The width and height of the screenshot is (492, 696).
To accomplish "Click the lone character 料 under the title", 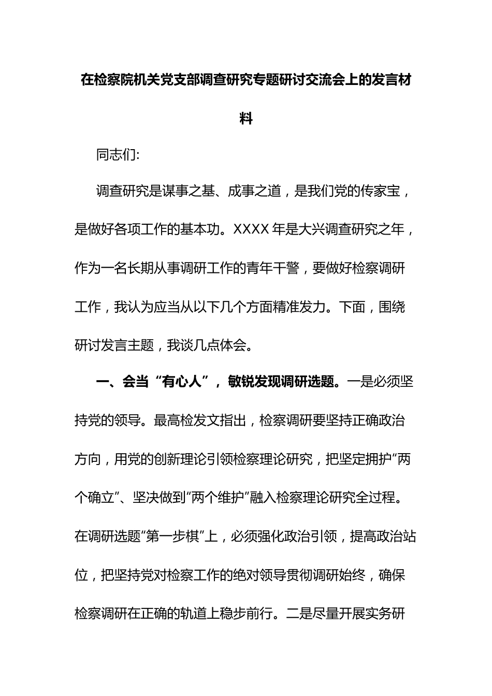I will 246,119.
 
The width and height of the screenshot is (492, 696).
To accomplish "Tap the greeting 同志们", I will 115,155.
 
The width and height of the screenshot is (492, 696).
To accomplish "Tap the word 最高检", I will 174,421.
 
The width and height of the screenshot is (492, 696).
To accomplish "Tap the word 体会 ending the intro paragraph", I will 234,345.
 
